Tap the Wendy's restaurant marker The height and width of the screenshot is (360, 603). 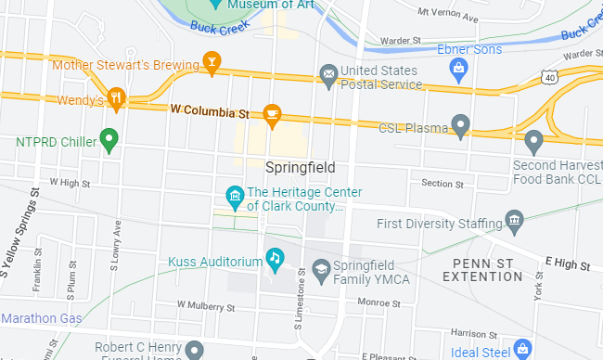(x=116, y=96)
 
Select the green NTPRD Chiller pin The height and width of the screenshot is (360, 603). (x=109, y=141)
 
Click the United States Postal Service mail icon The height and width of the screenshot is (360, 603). (x=327, y=72)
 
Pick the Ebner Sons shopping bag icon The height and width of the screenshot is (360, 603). (x=457, y=67)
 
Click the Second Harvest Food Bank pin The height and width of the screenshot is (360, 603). (x=532, y=142)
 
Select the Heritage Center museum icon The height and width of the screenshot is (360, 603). (x=235, y=197)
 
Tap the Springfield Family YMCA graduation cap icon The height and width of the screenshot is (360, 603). (x=321, y=269)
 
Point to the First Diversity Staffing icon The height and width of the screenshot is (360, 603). (x=514, y=221)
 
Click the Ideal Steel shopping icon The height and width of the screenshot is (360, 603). (x=522, y=350)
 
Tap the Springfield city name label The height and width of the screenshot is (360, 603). (x=300, y=168)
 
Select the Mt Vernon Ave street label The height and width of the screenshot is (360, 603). (x=448, y=16)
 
